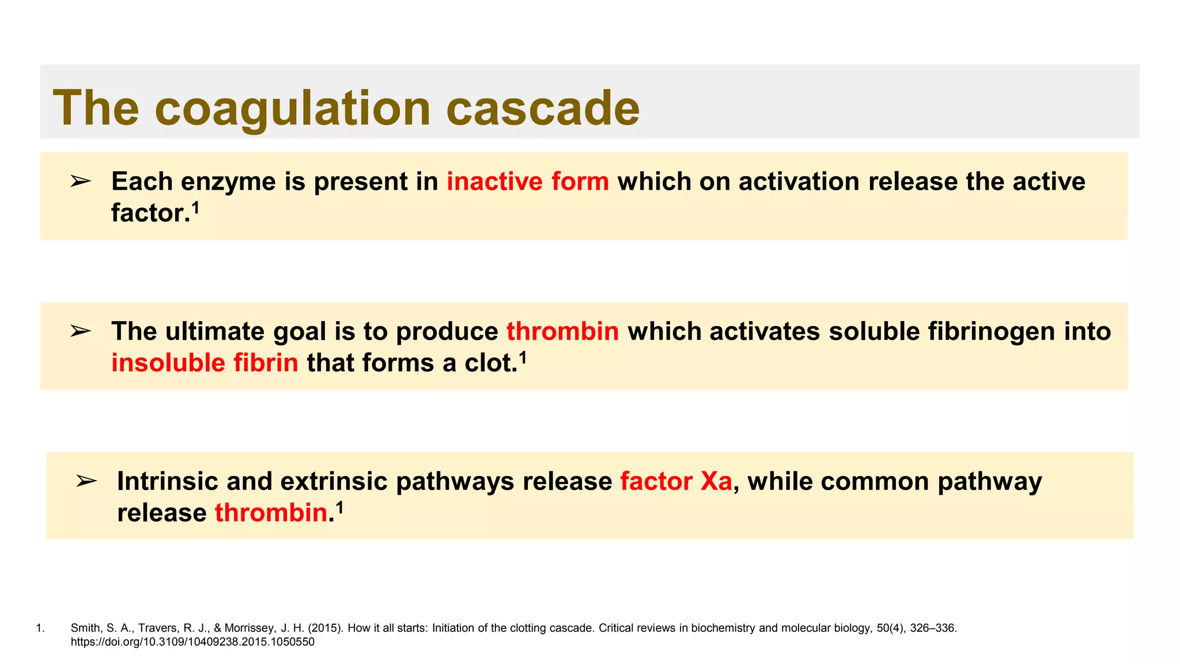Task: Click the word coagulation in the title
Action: click(293, 108)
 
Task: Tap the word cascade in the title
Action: click(543, 108)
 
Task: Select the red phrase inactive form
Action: click(528, 182)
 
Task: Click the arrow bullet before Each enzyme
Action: click(81, 182)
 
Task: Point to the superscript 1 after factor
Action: click(195, 207)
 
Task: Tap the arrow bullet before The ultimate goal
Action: click(81, 331)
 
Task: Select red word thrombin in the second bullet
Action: click(562, 331)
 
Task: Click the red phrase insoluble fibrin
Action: click(205, 363)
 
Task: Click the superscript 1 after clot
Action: click(523, 357)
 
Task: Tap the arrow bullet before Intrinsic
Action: click(86, 481)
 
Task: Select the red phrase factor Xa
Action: click(675, 481)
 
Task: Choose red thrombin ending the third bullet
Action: click(271, 513)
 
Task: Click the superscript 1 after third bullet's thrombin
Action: click(339, 507)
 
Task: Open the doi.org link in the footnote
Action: click(192, 642)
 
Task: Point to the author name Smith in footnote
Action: click(84, 628)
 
